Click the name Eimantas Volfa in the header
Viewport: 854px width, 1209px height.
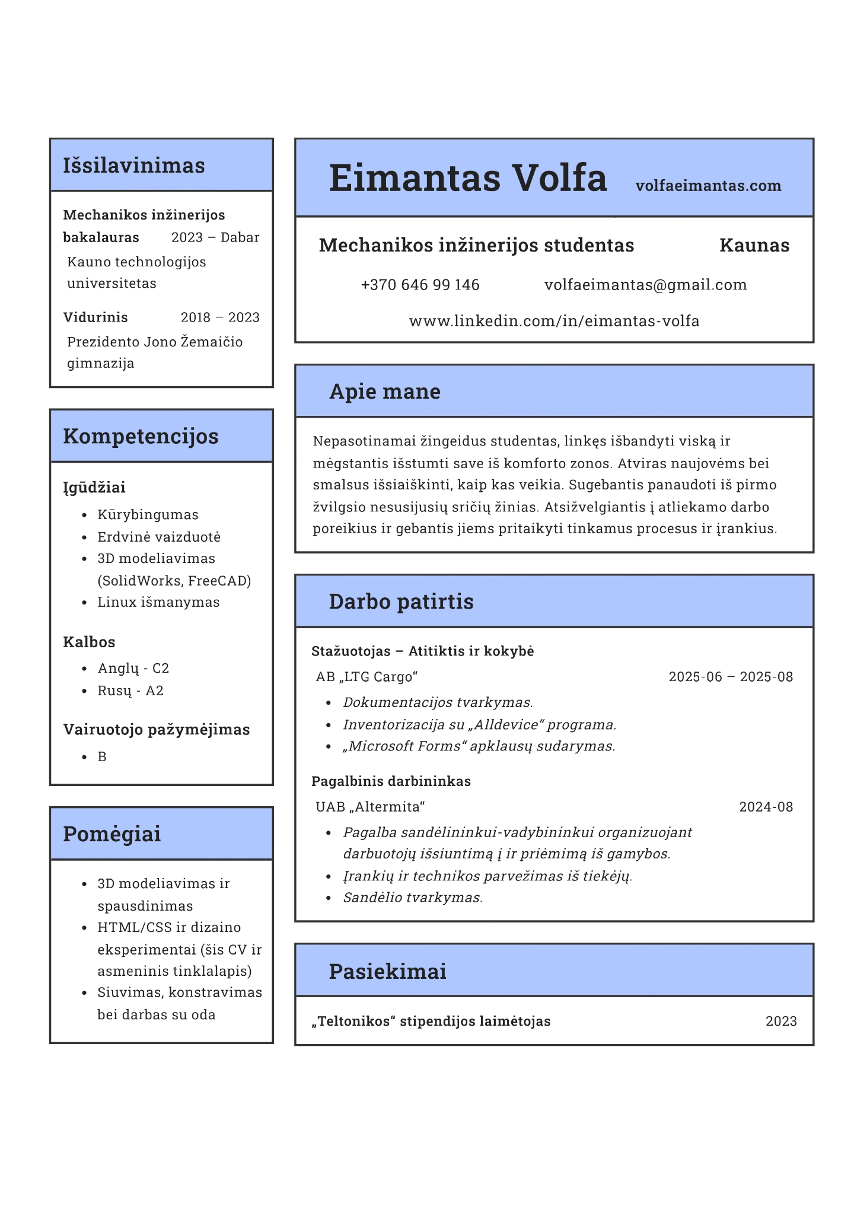[x=467, y=178]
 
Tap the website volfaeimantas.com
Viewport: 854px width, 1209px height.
[x=708, y=186]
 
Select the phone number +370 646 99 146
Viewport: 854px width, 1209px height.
[x=420, y=285]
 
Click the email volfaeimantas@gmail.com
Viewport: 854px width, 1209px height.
[x=645, y=285]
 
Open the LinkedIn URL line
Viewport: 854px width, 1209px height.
[x=554, y=321]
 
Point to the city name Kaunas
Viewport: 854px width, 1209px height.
[x=754, y=245]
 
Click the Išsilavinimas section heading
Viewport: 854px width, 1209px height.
[x=134, y=166]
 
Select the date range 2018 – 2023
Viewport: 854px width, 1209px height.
[x=220, y=317]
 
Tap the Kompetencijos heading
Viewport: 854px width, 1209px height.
[x=141, y=436]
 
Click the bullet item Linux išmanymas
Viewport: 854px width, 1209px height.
[x=158, y=602]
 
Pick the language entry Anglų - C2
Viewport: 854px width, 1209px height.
[x=133, y=669]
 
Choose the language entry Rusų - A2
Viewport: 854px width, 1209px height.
[x=130, y=691]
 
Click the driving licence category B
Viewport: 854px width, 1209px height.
[x=102, y=757]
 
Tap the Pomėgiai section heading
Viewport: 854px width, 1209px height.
[x=111, y=833]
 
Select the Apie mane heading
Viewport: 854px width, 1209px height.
[x=384, y=392]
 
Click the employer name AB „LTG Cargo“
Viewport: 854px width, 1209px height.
[x=367, y=677]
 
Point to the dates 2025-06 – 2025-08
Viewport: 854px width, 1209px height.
[x=730, y=677]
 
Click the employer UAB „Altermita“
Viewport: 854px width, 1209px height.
[x=370, y=807]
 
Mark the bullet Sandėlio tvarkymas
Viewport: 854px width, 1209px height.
[x=413, y=898]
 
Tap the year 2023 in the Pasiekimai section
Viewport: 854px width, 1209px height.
[x=780, y=1021]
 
